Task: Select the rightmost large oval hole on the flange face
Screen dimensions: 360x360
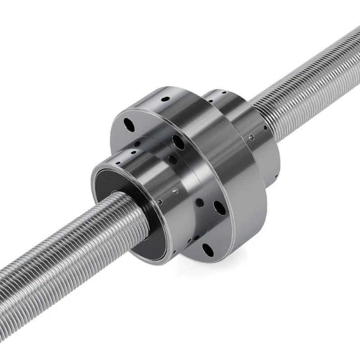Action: tap(220, 207)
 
